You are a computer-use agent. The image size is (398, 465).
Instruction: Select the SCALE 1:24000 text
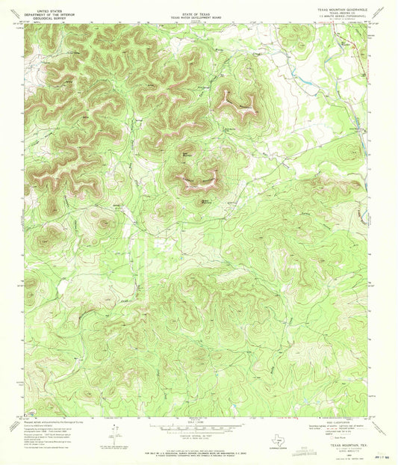click(198, 422)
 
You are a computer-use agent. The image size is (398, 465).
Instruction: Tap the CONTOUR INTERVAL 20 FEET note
click(198, 436)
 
